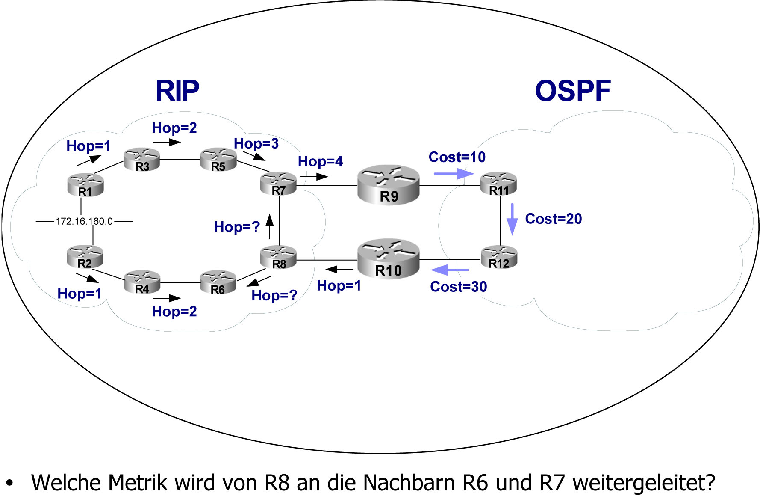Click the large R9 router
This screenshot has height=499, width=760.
[x=388, y=185]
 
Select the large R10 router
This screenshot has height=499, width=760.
[x=388, y=259]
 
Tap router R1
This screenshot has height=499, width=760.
[x=85, y=185]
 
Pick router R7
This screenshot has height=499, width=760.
[x=278, y=184]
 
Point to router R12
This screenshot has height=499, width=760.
[x=499, y=257]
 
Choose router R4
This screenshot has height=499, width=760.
[x=142, y=282]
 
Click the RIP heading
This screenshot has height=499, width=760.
[x=177, y=91]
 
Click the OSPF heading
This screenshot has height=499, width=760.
[x=573, y=91]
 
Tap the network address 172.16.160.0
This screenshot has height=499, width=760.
[x=84, y=221]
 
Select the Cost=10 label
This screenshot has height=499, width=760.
[x=457, y=157]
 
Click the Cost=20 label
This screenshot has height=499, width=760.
[x=553, y=219]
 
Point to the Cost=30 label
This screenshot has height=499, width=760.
[x=458, y=287]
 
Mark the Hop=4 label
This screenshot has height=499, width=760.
[x=320, y=161]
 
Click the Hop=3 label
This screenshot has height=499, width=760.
[x=256, y=143]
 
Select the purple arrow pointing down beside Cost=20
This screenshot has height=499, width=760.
[x=512, y=219]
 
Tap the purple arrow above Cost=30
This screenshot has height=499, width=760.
[x=450, y=270]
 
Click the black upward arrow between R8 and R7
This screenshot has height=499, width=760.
[x=270, y=226]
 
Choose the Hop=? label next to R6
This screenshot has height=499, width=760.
[x=274, y=295]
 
